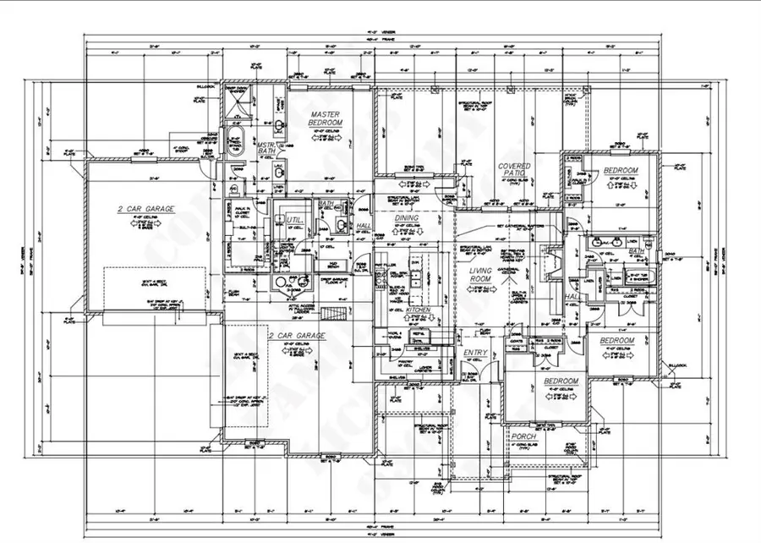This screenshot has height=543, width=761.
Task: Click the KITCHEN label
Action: click(419, 310)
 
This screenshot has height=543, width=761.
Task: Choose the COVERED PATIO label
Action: click(514, 171)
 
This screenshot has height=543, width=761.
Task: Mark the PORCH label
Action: click(523, 436)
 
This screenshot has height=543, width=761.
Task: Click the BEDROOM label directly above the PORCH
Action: click(560, 381)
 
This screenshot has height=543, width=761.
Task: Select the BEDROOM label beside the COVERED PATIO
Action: click(620, 171)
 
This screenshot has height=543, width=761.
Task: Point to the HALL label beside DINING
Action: click(364, 226)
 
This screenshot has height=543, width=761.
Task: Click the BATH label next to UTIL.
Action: click(326, 204)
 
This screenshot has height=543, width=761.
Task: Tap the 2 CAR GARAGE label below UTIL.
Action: click(292, 336)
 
